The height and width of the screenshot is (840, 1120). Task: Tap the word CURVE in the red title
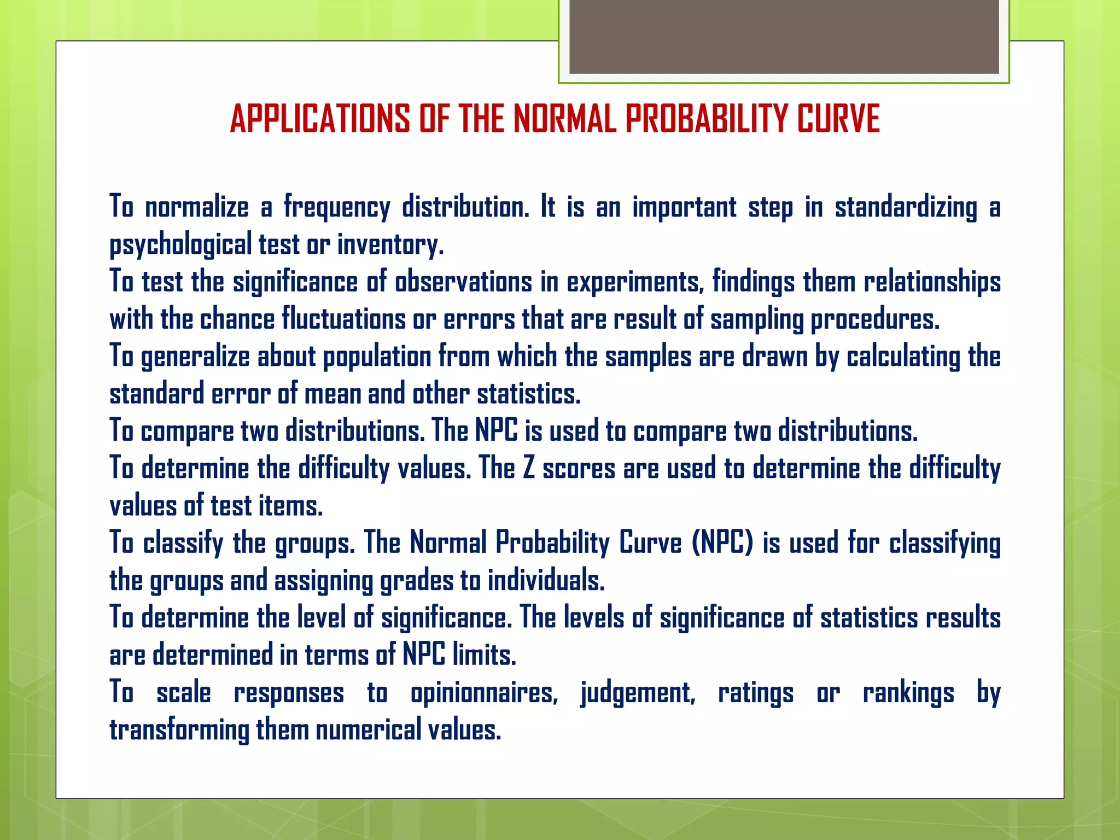(x=838, y=119)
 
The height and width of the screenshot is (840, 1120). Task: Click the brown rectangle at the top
(x=784, y=37)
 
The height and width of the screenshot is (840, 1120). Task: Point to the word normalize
(x=197, y=208)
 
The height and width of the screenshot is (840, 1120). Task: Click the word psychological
(x=180, y=245)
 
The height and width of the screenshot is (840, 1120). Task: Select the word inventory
(x=390, y=245)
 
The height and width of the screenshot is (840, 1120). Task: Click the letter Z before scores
(x=528, y=469)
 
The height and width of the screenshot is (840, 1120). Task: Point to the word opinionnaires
(x=484, y=693)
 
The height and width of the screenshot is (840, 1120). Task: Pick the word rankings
(x=908, y=693)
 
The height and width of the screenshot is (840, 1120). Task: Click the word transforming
(x=179, y=731)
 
